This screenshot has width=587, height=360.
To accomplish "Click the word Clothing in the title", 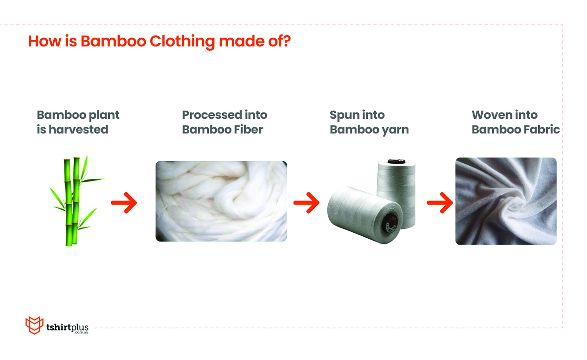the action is click(x=182, y=42).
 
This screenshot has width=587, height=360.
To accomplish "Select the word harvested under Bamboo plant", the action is click(x=79, y=129).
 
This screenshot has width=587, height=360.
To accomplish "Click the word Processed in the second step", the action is click(x=212, y=115).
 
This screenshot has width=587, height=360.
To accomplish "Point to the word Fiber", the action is click(x=248, y=129).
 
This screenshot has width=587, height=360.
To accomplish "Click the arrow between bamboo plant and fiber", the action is click(x=124, y=202).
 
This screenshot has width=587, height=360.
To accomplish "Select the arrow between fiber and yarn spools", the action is click(x=306, y=202).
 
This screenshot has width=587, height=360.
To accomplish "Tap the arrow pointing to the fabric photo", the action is click(x=440, y=202).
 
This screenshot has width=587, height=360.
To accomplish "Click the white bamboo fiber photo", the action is click(x=221, y=201).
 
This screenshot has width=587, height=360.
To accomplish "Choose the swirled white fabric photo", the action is click(x=506, y=201).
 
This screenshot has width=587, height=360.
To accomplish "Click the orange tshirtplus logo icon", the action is click(x=34, y=325).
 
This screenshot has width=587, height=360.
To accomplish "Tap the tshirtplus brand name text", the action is click(x=67, y=327).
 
